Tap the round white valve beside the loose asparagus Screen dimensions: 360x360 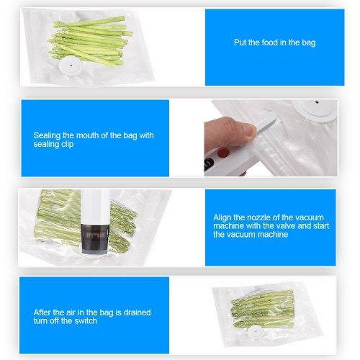pos(71,66)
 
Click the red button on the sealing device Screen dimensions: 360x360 pos(223,153)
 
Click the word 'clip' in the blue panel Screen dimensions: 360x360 pos(67,144)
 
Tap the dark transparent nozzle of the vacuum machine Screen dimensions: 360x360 pos(95,239)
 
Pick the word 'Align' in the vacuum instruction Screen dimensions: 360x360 pos(222,217)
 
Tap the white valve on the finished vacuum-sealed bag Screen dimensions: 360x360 pos(256,332)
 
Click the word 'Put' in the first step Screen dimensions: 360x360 pos(240,42)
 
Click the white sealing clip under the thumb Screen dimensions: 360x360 pos(266,123)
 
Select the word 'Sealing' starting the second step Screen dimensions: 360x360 pos(47,136)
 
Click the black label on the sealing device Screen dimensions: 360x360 pos(208,164)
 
